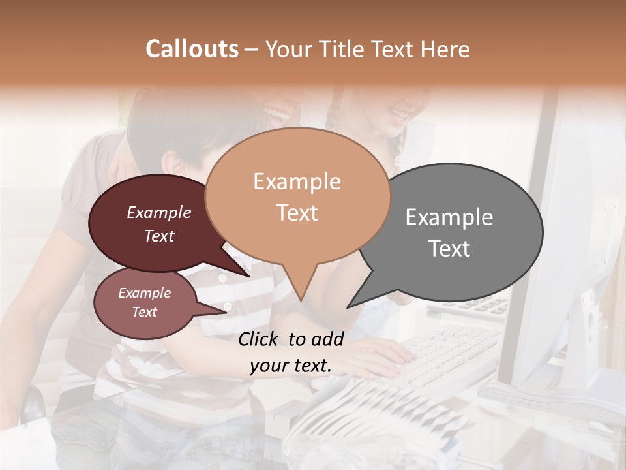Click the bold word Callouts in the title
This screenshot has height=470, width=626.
pyautogui.click(x=192, y=49)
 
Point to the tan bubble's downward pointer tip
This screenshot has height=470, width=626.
pyautogui.click(x=301, y=300)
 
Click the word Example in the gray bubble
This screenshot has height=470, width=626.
pyautogui.click(x=449, y=217)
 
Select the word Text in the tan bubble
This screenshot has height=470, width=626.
pyautogui.click(x=297, y=213)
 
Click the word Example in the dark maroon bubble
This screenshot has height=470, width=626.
pyautogui.click(x=158, y=212)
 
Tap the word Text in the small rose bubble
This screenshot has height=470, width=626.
pyautogui.click(x=144, y=312)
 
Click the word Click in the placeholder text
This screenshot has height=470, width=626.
pyautogui.click(x=260, y=339)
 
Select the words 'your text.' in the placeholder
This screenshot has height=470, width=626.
pyautogui.click(x=291, y=366)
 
